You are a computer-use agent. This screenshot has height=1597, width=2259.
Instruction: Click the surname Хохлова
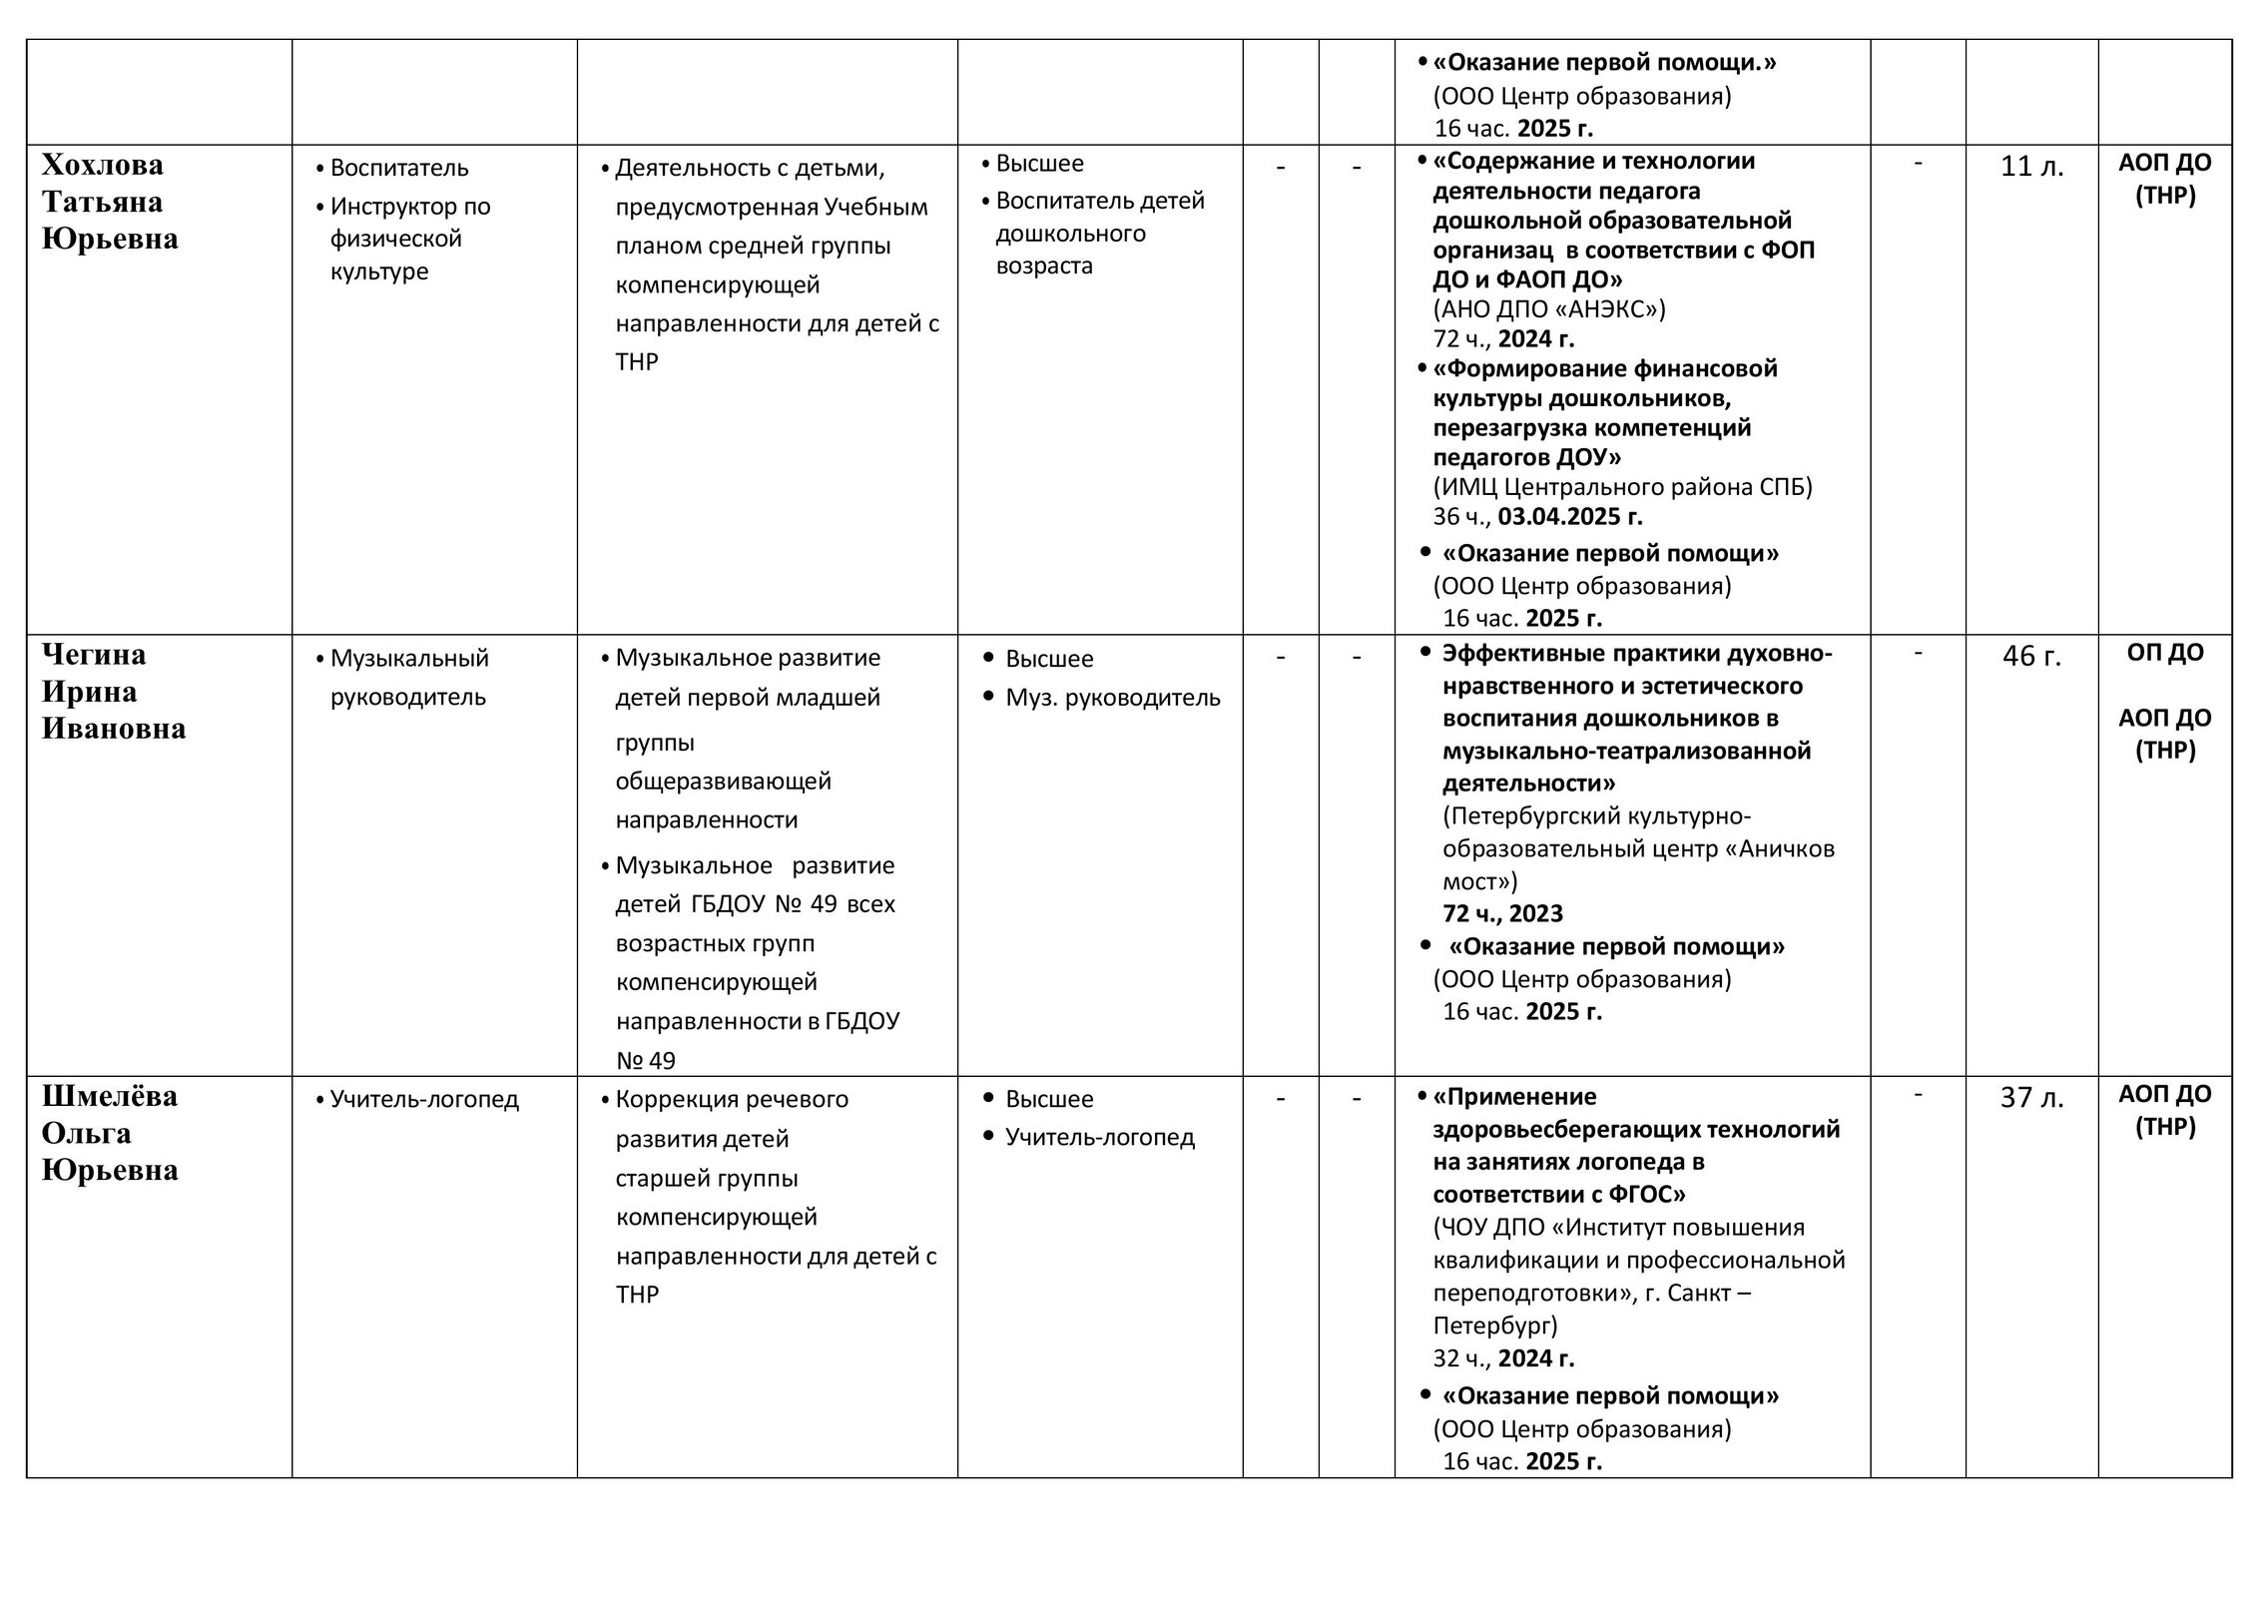102,165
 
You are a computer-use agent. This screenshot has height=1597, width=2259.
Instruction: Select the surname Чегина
94,655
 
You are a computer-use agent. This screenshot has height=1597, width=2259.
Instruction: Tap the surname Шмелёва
110,1096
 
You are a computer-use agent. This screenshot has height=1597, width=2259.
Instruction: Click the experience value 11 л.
2031,167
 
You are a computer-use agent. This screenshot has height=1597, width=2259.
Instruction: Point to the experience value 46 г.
2031,657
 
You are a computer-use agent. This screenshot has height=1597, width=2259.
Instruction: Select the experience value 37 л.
2031,1098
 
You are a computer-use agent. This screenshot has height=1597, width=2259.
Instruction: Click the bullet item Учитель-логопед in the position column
424,1099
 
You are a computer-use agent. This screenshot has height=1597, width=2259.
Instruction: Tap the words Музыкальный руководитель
409,677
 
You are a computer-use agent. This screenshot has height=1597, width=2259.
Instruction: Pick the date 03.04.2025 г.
1570,516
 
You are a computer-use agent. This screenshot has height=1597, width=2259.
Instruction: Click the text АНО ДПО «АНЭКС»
1549,308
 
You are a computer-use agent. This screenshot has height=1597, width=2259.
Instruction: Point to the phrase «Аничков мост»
1637,865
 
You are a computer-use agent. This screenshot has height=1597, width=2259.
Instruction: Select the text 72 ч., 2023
1502,913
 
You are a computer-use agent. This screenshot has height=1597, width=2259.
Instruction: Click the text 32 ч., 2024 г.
1503,1357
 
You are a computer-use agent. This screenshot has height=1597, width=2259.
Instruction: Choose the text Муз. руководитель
1112,697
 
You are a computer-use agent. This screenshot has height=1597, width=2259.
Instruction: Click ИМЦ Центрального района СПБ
1622,486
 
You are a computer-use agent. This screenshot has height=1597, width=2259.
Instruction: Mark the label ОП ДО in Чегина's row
2164,653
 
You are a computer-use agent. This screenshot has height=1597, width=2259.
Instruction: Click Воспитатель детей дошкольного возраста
1098,233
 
